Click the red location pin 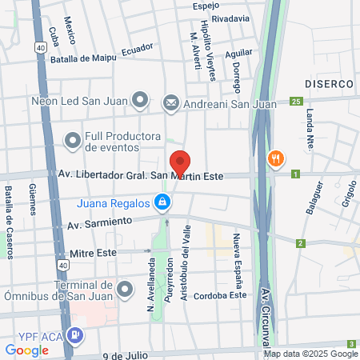tap(180, 162)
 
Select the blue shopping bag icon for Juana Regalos tap(162, 202)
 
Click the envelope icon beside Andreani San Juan tap(170, 102)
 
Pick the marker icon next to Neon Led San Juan tap(141, 101)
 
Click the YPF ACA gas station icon tap(74, 335)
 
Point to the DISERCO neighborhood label tap(329, 83)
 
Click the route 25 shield tap(296, 101)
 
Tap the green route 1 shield tap(295, 174)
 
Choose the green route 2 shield tap(301, 243)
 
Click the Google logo tap(26, 350)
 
